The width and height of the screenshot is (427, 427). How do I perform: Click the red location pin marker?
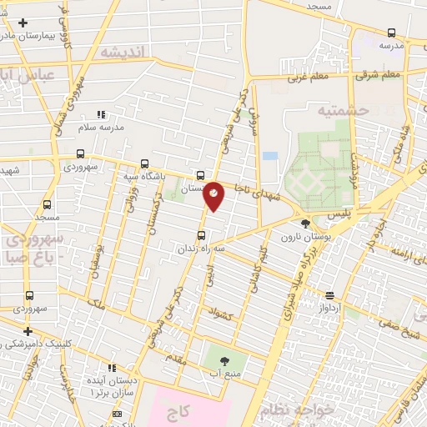(214, 195)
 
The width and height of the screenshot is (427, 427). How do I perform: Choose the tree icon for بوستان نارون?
(304, 223)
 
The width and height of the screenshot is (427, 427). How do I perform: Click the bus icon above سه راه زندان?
(200, 235)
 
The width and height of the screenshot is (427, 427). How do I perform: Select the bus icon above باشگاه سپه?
(145, 163)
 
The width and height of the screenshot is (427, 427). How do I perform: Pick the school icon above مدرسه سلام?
(101, 114)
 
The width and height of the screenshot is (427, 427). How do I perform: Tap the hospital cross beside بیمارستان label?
(23, 23)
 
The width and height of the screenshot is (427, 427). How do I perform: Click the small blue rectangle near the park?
(269, 156)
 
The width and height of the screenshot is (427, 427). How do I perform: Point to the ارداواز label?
(332, 307)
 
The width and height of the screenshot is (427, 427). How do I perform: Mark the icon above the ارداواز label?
(331, 295)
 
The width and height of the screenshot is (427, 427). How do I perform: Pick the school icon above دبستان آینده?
(112, 368)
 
